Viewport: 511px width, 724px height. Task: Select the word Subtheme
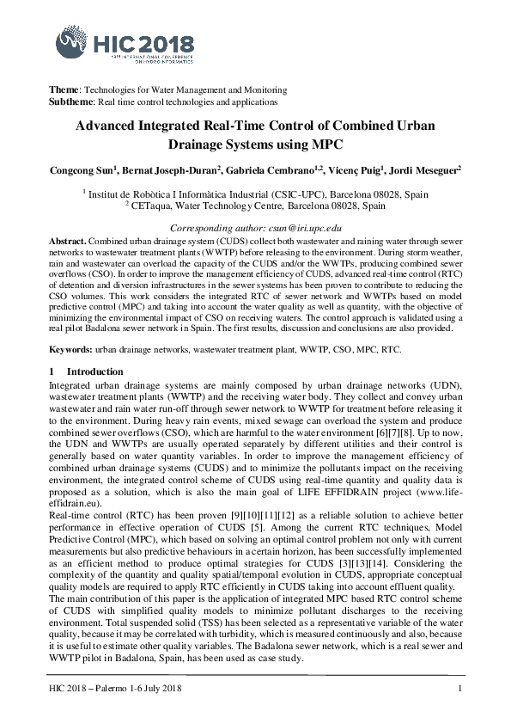tap(70, 101)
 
